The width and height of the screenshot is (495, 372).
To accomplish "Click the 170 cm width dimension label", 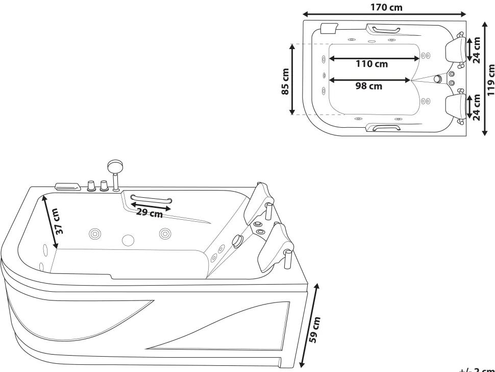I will tap(386, 7).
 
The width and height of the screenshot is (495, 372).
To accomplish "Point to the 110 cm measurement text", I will tap(372, 64).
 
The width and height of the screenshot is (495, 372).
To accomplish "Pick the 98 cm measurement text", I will tap(368, 86).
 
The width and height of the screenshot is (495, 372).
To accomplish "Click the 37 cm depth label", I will tap(60, 221).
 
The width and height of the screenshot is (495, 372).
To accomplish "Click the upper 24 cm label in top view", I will tap(477, 49).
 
